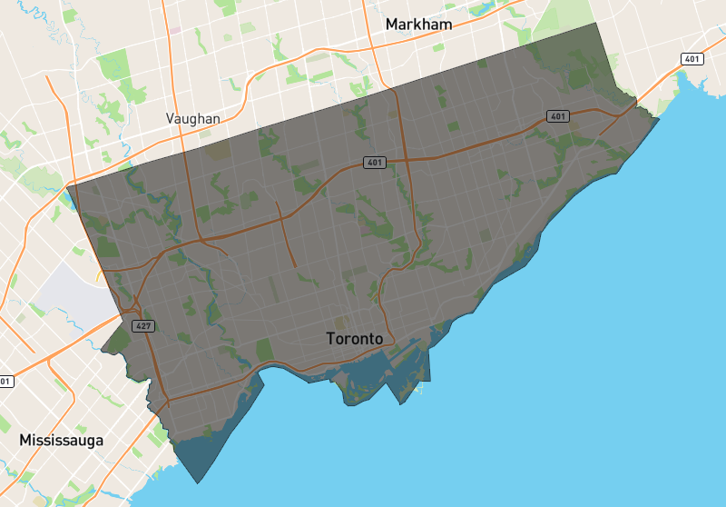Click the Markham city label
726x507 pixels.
[x=418, y=25]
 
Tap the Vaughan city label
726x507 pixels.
[x=193, y=119]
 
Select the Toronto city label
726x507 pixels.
[x=355, y=339]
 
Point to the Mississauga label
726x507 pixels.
[x=61, y=441]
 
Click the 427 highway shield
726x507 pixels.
[x=142, y=325]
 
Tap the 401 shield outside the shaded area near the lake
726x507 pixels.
[x=692, y=59]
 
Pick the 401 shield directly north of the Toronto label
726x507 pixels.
[x=375, y=163]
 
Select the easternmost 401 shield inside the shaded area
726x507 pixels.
[x=557, y=116]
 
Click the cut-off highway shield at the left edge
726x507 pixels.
[x=5, y=382]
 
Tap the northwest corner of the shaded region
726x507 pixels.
[x=68, y=187]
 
